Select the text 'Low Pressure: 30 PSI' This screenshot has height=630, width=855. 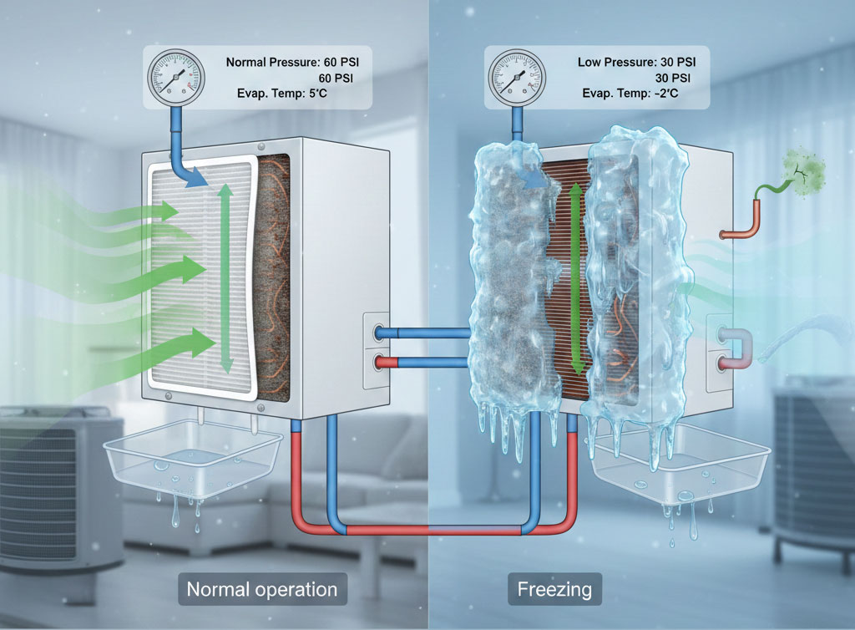tap(637, 63)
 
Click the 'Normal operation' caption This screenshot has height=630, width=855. tap(262, 589)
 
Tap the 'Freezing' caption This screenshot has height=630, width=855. tap(554, 589)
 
